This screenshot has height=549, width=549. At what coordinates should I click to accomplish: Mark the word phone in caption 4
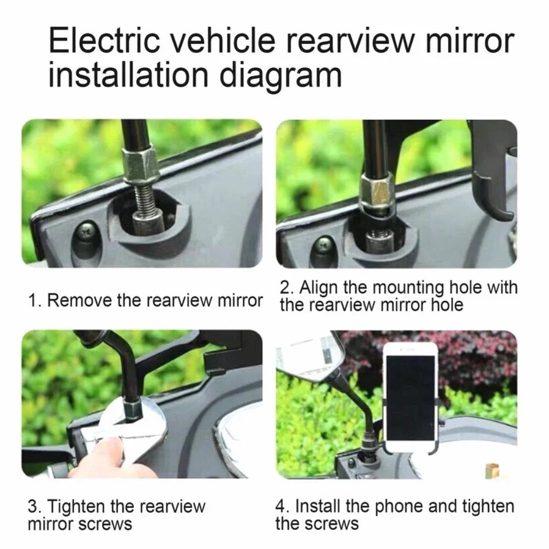click(x=399, y=506)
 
